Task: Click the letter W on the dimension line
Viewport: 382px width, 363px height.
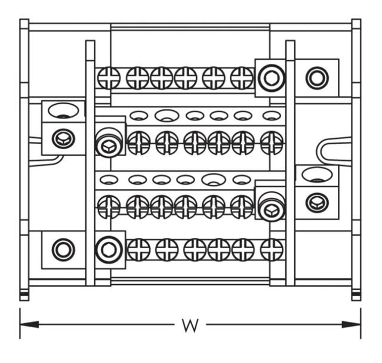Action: click(190, 325)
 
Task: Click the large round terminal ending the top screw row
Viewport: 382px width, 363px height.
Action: click(271, 77)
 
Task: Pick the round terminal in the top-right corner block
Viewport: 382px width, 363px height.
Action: click(316, 77)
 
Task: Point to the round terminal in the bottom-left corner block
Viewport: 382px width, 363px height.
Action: click(63, 249)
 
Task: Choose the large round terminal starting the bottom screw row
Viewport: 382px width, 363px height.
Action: click(108, 249)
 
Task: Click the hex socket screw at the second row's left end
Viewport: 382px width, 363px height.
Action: click(109, 144)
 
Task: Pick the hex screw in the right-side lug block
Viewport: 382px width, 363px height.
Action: click(316, 203)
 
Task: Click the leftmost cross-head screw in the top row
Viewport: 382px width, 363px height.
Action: click(109, 77)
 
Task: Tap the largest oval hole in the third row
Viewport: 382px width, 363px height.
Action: click(213, 178)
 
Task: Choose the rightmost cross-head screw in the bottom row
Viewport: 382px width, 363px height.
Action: click(272, 249)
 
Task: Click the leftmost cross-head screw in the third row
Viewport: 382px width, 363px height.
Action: click(109, 206)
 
